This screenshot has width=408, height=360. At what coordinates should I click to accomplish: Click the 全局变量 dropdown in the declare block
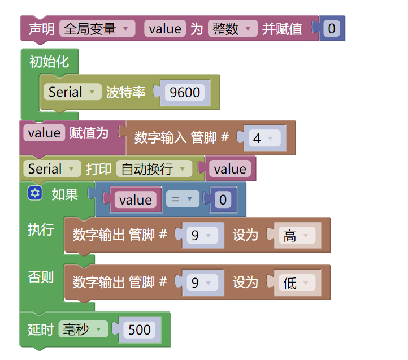pyautogui.click(x=97, y=29)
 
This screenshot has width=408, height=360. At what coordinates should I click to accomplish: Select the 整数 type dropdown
pyautogui.click(x=232, y=29)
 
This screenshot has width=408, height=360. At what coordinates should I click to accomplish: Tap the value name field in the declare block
pyautogui.click(x=165, y=29)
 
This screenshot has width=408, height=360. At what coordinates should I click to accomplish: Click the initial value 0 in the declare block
pyautogui.click(x=331, y=29)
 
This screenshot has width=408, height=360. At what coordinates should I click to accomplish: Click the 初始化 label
pyautogui.click(x=49, y=61)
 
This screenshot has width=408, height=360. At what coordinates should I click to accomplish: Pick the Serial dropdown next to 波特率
pyautogui.click(x=72, y=92)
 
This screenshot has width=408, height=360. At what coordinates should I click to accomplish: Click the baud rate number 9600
pyautogui.click(x=185, y=93)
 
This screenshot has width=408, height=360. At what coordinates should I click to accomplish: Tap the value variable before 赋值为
pyautogui.click(x=44, y=133)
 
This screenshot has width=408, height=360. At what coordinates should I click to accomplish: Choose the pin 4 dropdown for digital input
pyautogui.click(x=263, y=138)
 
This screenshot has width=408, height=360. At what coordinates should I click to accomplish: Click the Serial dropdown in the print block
pyautogui.click(x=51, y=168)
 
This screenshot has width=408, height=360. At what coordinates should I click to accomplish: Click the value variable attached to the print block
pyautogui.click(x=230, y=169)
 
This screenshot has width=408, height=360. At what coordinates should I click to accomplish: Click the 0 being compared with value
pyautogui.click(x=223, y=199)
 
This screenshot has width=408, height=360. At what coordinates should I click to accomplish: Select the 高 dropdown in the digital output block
pyautogui.click(x=297, y=236)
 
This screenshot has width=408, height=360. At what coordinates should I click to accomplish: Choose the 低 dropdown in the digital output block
pyautogui.click(x=297, y=283)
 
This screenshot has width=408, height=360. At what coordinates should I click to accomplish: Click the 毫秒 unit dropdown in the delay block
pyautogui.click(x=83, y=329)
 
